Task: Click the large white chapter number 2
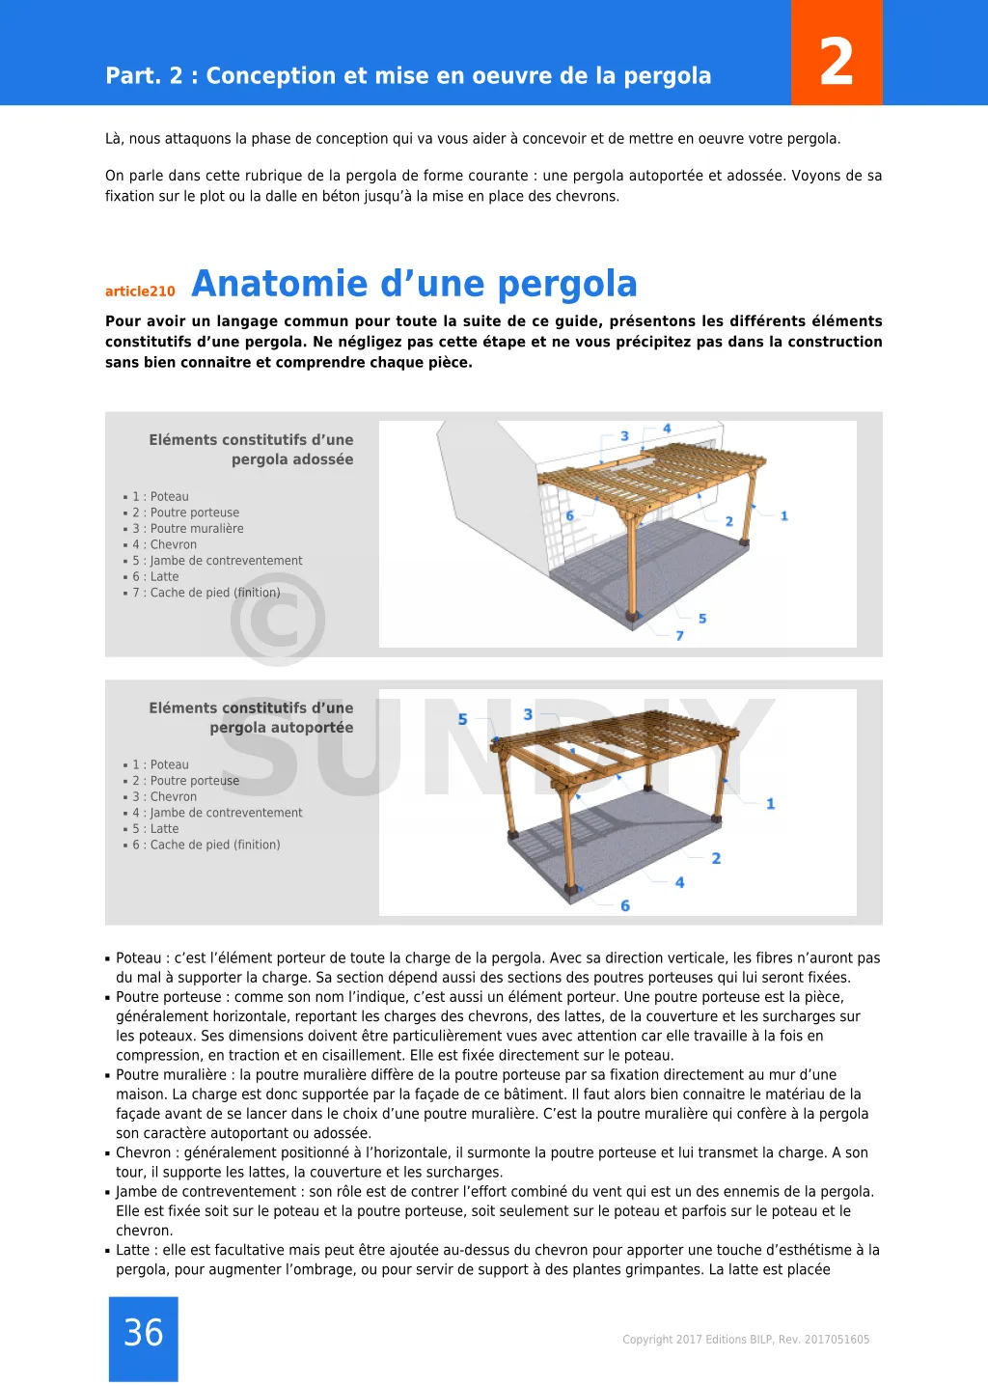(837, 62)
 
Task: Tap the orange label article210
(140, 291)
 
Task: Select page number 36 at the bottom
(144, 1333)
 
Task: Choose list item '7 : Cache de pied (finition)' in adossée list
(206, 593)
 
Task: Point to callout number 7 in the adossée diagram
(679, 636)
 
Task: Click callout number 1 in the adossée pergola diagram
(784, 516)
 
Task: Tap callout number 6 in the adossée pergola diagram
(569, 516)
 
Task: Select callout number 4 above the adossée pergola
(667, 429)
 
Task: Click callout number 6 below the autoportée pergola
(625, 905)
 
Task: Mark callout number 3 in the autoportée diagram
(528, 714)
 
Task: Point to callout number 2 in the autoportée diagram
(716, 858)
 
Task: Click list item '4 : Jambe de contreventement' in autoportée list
(217, 813)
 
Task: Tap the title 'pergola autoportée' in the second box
(282, 728)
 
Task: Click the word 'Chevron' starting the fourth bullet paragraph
(144, 1152)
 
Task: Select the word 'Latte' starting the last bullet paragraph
(133, 1250)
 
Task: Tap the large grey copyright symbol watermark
(278, 620)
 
